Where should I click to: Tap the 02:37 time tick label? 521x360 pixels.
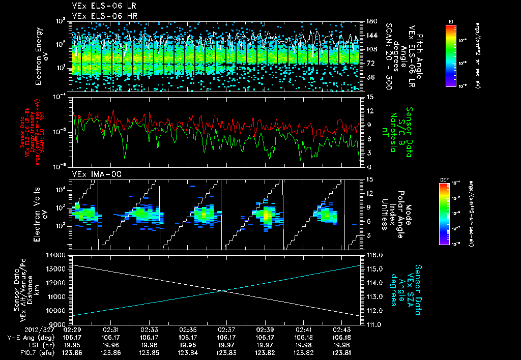(x=226, y=329)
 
